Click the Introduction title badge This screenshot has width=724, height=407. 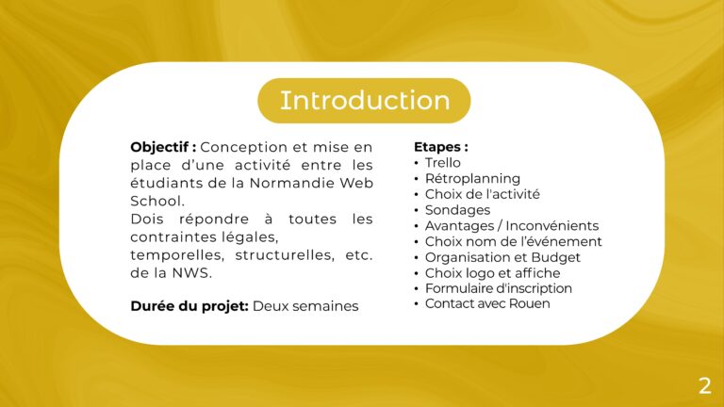[x=364, y=101]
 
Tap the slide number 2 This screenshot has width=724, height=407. [x=704, y=385]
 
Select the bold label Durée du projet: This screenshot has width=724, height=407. [x=189, y=306]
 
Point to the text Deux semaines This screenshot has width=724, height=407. [x=305, y=306]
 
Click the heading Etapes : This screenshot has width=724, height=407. [x=440, y=147]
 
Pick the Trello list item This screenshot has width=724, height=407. [x=443, y=163]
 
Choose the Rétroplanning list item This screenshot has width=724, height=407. [x=472, y=178]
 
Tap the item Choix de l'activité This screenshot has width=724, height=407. [x=482, y=194]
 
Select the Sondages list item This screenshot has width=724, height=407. [x=457, y=210]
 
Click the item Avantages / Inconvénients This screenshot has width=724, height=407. [x=511, y=225]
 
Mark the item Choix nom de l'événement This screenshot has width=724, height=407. [x=513, y=241]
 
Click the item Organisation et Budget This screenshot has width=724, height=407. [x=502, y=257]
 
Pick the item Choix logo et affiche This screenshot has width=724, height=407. [x=492, y=272]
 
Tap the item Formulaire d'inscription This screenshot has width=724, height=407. [x=498, y=288]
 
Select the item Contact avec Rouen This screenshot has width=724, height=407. [x=486, y=303]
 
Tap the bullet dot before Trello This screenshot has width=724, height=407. [x=417, y=163]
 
